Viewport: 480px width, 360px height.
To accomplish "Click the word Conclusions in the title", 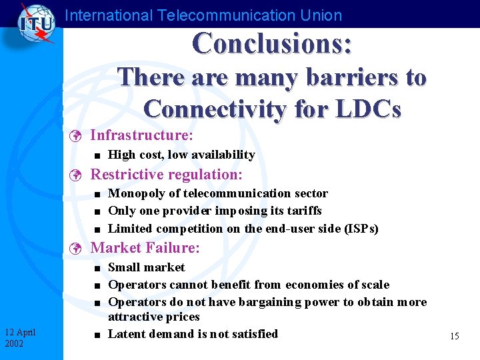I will click(x=272, y=43).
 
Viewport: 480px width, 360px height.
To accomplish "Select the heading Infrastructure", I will click(x=141, y=136).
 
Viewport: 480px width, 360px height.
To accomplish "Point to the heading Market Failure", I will click(x=145, y=248).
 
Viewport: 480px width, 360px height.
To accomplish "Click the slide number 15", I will click(x=454, y=336).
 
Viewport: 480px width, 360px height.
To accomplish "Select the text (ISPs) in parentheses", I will click(x=361, y=229).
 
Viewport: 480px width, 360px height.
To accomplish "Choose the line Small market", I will click(x=146, y=267).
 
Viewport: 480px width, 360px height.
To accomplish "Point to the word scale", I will click(x=373, y=285).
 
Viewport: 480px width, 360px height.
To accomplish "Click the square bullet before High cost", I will click(x=97, y=155).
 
